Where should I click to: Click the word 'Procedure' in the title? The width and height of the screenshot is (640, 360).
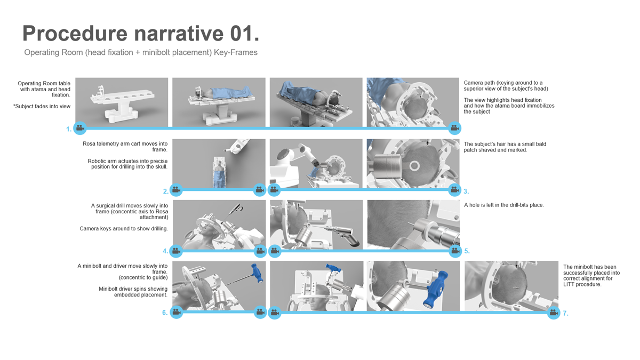click(75, 34)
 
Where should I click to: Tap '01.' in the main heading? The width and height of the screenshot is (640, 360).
click(245, 34)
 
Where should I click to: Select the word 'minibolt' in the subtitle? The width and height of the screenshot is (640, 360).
click(156, 52)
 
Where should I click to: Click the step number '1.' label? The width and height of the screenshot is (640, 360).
click(69, 129)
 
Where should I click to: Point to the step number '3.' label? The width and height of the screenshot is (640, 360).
click(466, 191)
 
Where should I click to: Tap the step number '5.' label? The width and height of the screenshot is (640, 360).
click(467, 251)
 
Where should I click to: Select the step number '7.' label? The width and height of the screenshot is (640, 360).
click(565, 314)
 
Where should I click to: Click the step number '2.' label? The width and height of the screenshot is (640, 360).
click(166, 191)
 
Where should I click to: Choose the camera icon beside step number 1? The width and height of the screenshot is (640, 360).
click(80, 128)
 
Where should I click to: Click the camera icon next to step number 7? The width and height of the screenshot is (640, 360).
click(554, 313)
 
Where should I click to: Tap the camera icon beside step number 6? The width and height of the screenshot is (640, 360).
click(177, 312)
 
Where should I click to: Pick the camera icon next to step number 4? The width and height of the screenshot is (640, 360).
click(176, 251)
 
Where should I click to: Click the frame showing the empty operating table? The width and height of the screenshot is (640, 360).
click(122, 102)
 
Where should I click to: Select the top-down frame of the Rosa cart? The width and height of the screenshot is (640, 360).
click(219, 164)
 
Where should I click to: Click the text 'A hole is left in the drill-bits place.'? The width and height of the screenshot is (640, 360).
click(503, 205)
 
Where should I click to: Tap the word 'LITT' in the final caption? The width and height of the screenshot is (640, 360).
click(569, 285)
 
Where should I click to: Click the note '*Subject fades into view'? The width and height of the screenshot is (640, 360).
click(42, 106)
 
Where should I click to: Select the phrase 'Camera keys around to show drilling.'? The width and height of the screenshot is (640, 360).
click(124, 229)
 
